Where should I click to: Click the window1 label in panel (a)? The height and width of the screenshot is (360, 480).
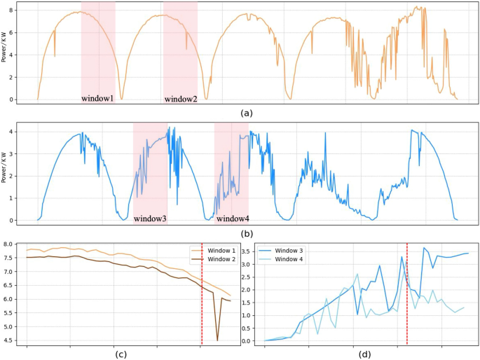(x=97, y=99)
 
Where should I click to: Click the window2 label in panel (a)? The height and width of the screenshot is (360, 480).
(x=181, y=99)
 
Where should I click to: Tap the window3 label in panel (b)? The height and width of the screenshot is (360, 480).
(x=150, y=219)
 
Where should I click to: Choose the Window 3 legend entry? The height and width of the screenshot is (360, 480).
(x=285, y=250)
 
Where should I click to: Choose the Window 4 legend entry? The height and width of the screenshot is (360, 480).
(x=285, y=261)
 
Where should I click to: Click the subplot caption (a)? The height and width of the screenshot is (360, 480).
(x=246, y=113)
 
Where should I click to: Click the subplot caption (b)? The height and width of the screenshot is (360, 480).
(x=246, y=233)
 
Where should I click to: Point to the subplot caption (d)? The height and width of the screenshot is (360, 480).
(x=366, y=354)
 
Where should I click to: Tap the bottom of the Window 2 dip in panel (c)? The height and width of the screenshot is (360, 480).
(x=217, y=340)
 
